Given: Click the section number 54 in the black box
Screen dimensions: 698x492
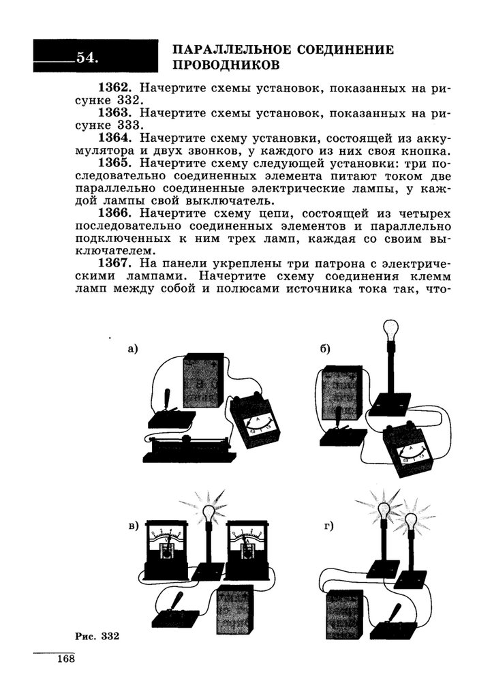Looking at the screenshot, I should [87, 57].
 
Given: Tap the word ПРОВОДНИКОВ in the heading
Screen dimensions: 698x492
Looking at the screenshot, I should [226, 66].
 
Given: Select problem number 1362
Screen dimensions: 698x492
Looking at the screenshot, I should [119, 89].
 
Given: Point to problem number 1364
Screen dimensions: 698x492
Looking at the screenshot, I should [119, 138].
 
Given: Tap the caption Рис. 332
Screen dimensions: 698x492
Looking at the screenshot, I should [97, 637].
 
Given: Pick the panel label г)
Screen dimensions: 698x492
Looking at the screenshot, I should [328, 526].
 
